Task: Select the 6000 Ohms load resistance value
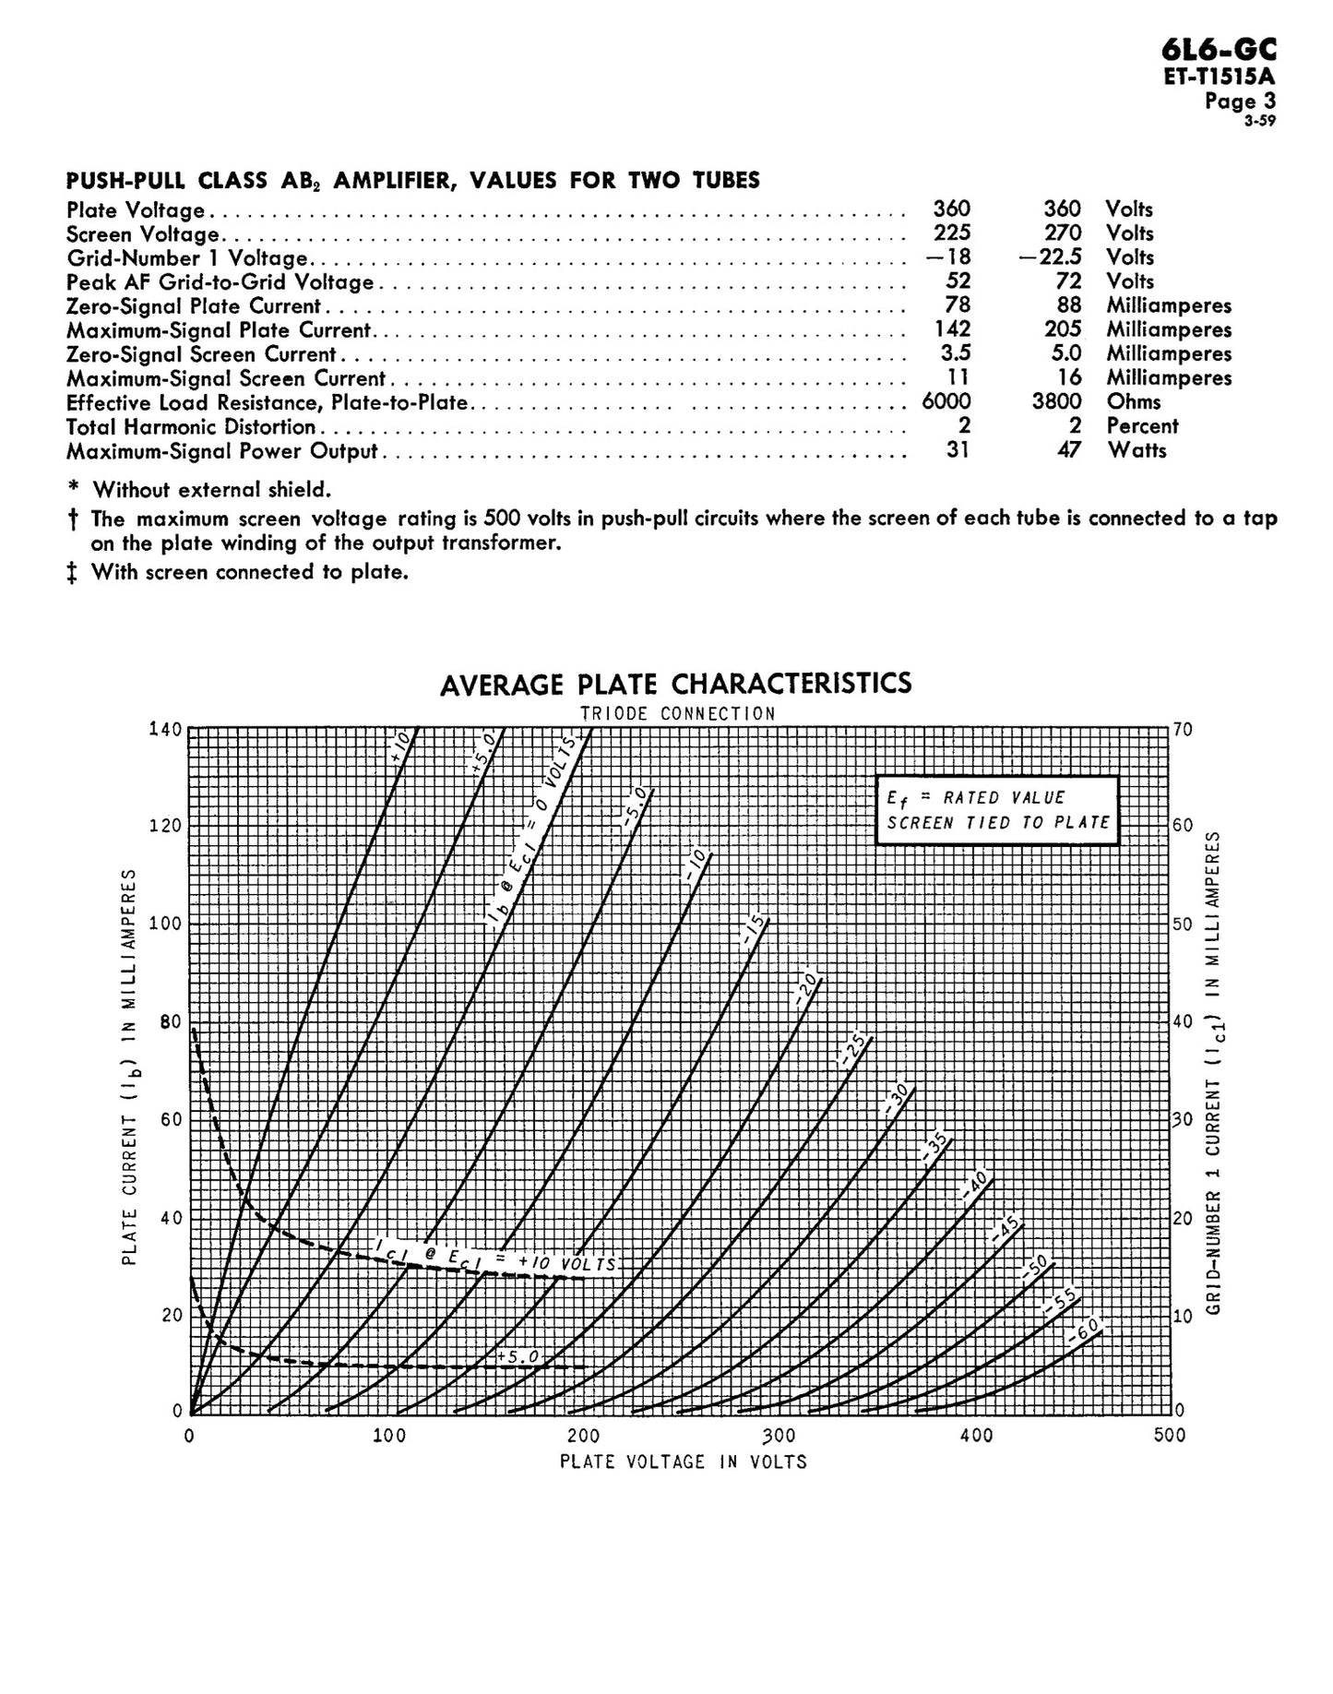click(x=946, y=401)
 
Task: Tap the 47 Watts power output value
click(x=1067, y=450)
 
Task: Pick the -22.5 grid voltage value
click(x=1050, y=257)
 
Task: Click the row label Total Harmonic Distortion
click(x=191, y=426)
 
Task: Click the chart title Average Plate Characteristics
click(x=675, y=684)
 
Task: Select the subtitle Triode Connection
click(x=677, y=713)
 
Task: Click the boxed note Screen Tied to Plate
click(x=998, y=822)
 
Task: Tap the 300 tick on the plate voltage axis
click(x=780, y=1436)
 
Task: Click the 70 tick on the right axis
click(x=1183, y=730)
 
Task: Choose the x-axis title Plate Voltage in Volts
click(x=683, y=1461)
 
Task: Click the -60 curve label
click(x=1085, y=1333)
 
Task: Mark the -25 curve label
click(x=853, y=1051)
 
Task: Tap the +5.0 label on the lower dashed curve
click(x=517, y=1357)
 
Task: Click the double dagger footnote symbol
click(x=72, y=573)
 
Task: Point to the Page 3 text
click(x=1240, y=101)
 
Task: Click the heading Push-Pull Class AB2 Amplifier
click(x=412, y=180)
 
